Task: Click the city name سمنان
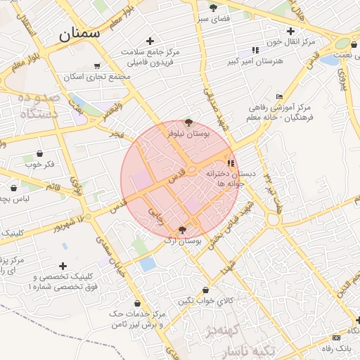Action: (79, 32)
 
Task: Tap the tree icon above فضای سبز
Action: (214, 8)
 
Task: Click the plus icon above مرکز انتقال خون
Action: (290, 30)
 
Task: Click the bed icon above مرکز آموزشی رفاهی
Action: (279, 97)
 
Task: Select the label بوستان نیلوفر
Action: (186, 131)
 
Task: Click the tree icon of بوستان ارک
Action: (183, 230)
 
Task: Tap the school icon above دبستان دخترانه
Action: (231, 163)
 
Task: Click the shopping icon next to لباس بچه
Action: (15, 188)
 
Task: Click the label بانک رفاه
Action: (337, 348)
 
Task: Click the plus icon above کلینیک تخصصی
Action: (64, 266)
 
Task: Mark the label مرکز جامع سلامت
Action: (150, 52)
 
